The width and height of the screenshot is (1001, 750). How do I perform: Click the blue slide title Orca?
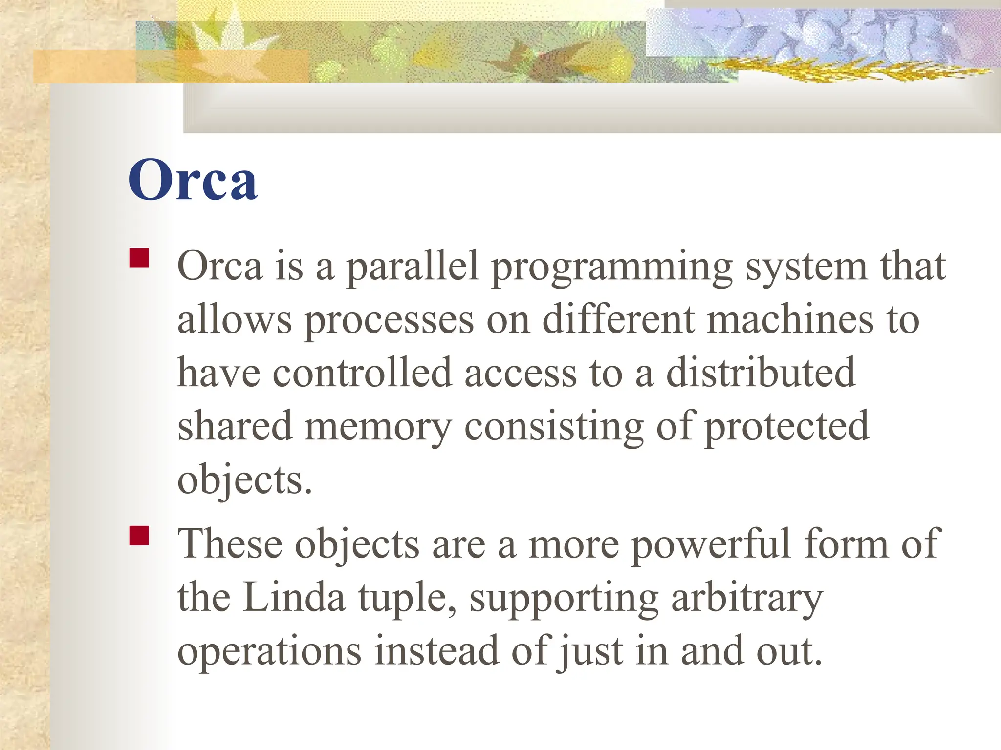pos(193,180)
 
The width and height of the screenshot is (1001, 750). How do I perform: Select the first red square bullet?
pos(139,258)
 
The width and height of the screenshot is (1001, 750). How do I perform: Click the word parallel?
pos(412,268)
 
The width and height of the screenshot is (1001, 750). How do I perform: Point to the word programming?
pos(611,268)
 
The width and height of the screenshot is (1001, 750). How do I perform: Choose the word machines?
pos(790,320)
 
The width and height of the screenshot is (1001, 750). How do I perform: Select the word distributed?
pos(761,373)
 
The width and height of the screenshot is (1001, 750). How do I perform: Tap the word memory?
pos(378,427)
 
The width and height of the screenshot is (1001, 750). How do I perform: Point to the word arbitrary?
pos(747,599)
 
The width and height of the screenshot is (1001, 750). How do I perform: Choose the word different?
pos(619,320)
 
